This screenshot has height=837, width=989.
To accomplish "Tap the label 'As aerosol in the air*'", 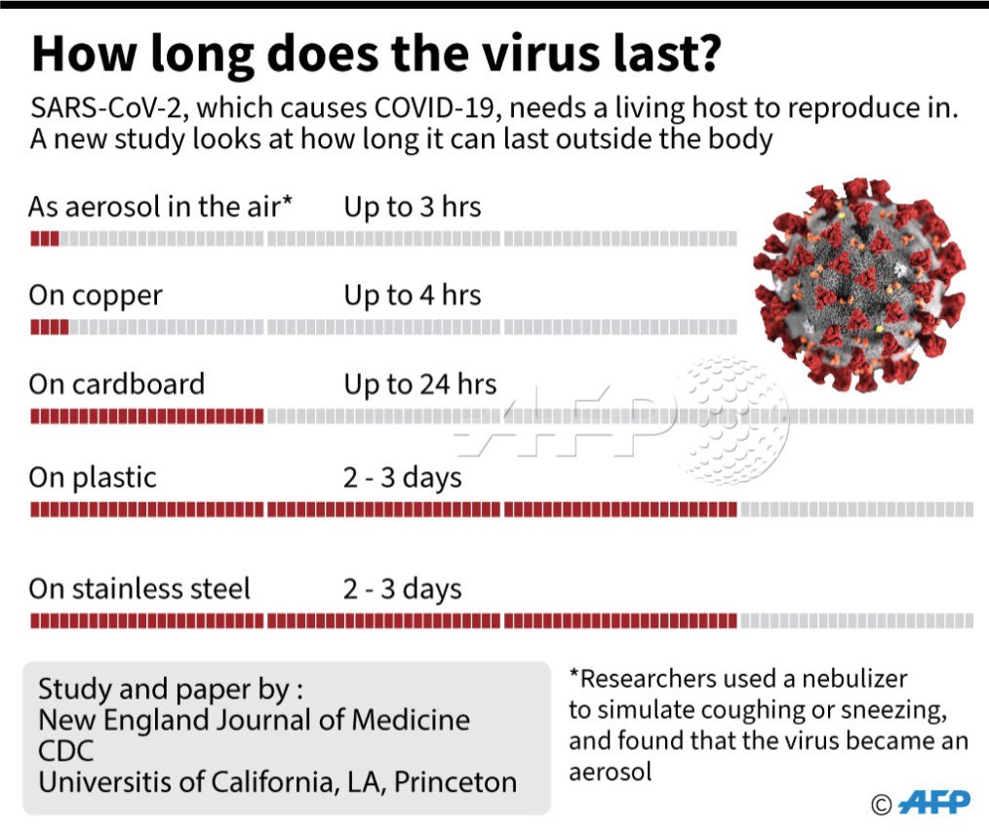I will pos(162,207).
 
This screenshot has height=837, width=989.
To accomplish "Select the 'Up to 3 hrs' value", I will pos(412,207).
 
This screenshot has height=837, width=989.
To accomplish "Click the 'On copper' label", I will pos(96,296).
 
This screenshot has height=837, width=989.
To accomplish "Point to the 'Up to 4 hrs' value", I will pos(412,296).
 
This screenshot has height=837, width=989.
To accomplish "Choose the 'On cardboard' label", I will pos(117,383).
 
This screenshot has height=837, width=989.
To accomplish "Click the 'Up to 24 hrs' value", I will pos(419,383).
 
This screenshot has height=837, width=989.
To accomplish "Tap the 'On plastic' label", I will pos(93,477).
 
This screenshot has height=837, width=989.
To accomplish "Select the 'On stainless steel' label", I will pos(139,588).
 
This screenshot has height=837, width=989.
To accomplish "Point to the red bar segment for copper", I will pos(50,328).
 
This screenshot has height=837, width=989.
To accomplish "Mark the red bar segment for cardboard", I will pos(146,417).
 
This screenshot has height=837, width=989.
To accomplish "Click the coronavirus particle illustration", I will pos(857,284).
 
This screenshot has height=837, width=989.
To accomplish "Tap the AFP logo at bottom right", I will pos(933,802).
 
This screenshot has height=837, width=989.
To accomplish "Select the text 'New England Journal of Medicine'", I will pos(254,721).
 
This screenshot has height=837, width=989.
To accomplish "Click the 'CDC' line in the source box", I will pos(65,752).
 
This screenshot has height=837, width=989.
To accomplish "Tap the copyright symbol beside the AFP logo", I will pos(881,804).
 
